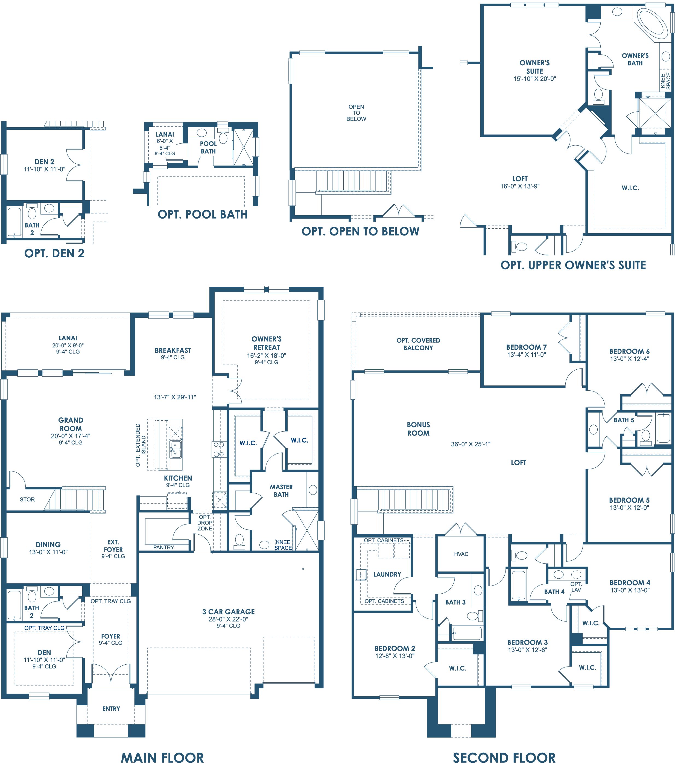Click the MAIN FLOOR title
(x=162, y=757)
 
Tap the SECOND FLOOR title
(x=504, y=757)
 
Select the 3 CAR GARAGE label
(x=229, y=611)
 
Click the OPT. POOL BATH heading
(x=203, y=214)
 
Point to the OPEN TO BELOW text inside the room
(x=356, y=113)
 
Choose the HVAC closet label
(x=461, y=554)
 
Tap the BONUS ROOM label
(x=418, y=429)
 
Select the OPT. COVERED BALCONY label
(x=418, y=344)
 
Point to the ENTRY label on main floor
(x=111, y=709)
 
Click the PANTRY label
(x=163, y=547)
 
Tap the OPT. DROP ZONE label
(x=205, y=523)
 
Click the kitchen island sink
(x=175, y=449)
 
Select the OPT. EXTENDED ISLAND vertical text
(x=141, y=445)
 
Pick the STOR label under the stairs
(x=27, y=499)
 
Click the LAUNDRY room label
(x=387, y=574)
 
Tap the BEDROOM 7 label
(x=526, y=347)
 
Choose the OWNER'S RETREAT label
(x=266, y=343)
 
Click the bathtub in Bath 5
(x=664, y=428)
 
